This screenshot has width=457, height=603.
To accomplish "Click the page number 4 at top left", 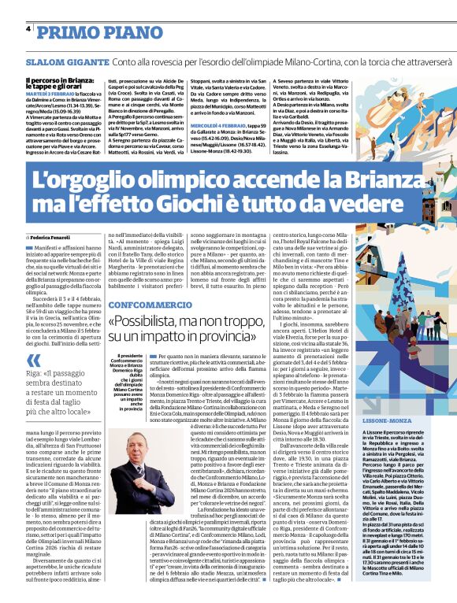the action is (28, 29).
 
